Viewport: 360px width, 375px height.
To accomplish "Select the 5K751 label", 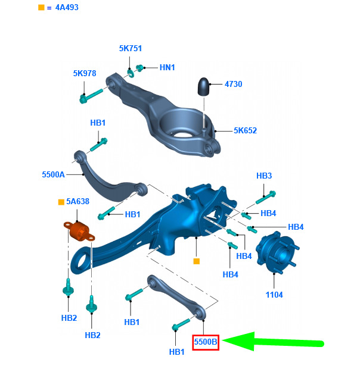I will point(130,48).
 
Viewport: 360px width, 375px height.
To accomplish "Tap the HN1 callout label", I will point(167,67).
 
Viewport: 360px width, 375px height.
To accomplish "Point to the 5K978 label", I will point(85,73).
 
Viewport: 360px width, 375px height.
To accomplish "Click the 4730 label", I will point(233,84).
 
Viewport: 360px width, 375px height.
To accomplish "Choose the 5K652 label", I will point(245,130).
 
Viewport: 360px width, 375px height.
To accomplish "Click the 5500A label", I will point(53,175).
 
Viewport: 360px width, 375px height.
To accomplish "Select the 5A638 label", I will point(77,202).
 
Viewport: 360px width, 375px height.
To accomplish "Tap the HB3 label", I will point(264,176).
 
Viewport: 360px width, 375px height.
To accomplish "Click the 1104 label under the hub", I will point(274,295).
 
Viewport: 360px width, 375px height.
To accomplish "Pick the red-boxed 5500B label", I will point(206,342).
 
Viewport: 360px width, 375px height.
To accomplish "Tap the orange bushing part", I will point(77,230).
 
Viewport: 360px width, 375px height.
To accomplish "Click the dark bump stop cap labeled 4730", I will point(203,87).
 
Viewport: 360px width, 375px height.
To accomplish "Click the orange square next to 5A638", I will point(61,202).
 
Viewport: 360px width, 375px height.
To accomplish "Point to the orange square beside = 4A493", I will point(41,8).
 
